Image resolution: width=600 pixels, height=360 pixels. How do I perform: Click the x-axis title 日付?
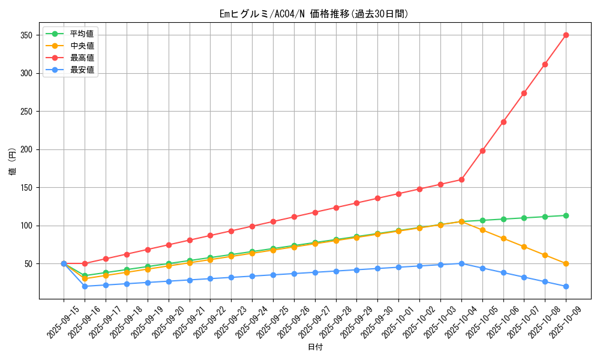(x=314, y=347)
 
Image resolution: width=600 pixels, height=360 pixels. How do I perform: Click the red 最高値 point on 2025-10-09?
(x=566, y=35)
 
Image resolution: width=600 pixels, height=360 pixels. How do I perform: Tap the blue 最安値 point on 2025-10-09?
(x=566, y=286)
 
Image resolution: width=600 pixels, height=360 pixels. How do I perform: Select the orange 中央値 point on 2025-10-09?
(x=566, y=263)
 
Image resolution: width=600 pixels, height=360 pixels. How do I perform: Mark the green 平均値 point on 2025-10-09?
(x=566, y=215)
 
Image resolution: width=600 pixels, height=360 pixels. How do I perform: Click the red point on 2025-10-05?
(x=482, y=151)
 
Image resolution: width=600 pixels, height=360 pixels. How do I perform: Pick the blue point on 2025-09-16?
(x=85, y=286)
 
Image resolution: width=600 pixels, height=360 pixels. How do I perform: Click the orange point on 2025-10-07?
(x=524, y=247)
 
